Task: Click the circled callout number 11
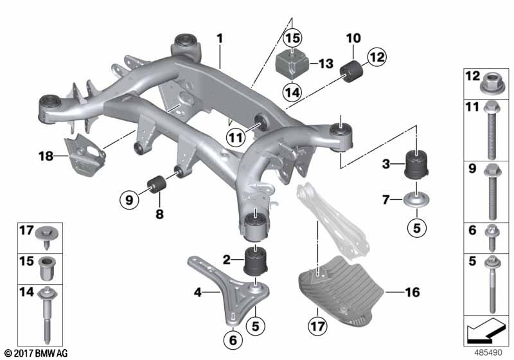pyautogui.click(x=236, y=138)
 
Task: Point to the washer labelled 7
pyautogui.click(x=416, y=200)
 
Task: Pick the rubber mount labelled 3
pyautogui.click(x=416, y=165)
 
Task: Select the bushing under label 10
pyautogui.click(x=351, y=71)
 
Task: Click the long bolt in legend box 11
pyautogui.click(x=491, y=130)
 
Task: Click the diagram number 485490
pyautogui.click(x=488, y=353)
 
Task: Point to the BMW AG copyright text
pyautogui.click(x=37, y=353)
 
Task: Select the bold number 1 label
pyautogui.click(x=219, y=39)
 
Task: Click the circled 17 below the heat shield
pyautogui.click(x=317, y=325)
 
